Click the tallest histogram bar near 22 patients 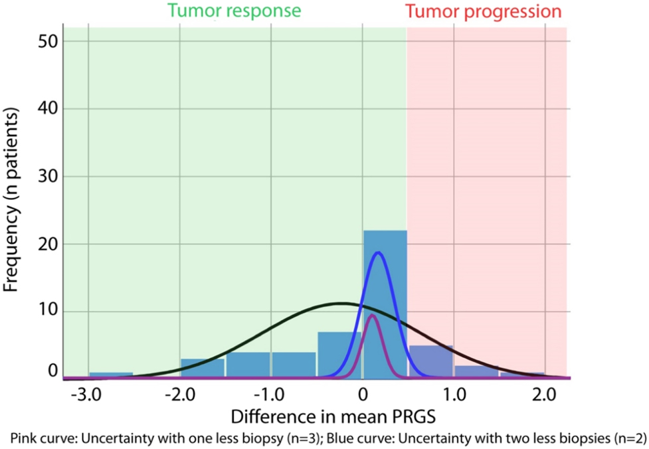click(x=385, y=303)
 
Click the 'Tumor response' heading click(x=234, y=11)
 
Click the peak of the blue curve click(x=379, y=252)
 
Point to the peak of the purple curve click(x=371, y=315)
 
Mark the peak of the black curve click(x=341, y=304)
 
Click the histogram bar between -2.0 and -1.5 click(x=203, y=368)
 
